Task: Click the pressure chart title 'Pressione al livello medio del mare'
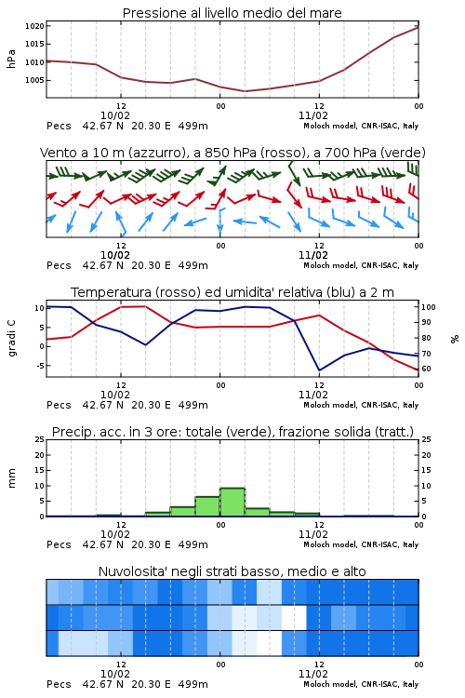pos(232,13)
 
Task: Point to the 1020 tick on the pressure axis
pos(34,26)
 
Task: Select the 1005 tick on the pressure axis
pos(34,80)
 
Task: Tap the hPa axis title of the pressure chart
pos(11,59)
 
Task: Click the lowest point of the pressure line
pos(245,91)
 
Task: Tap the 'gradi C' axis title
pos(11,338)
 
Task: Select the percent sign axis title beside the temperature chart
pos(455,339)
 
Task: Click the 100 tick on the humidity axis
pos(428,307)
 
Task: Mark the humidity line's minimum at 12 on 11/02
pos(319,370)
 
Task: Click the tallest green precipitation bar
pos(232,503)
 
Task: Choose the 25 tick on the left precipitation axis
pos(40,439)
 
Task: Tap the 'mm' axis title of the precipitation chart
pos(11,477)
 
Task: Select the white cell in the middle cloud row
pos(294,617)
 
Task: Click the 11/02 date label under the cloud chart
pos(312,674)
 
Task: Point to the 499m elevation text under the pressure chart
pos(193,126)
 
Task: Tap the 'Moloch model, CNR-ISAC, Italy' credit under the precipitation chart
pos(361,544)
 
